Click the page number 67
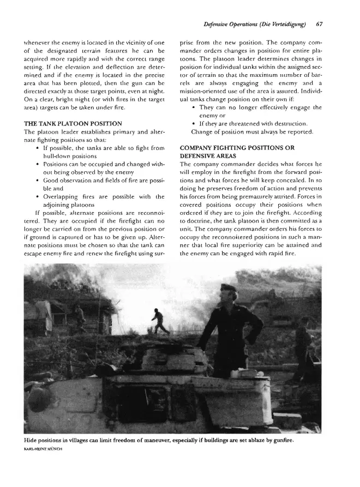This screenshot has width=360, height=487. coord(320,24)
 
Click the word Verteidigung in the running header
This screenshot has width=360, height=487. coord(280,24)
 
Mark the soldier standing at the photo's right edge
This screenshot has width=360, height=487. coord(303,349)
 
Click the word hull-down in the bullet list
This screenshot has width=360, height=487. coord(62,156)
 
